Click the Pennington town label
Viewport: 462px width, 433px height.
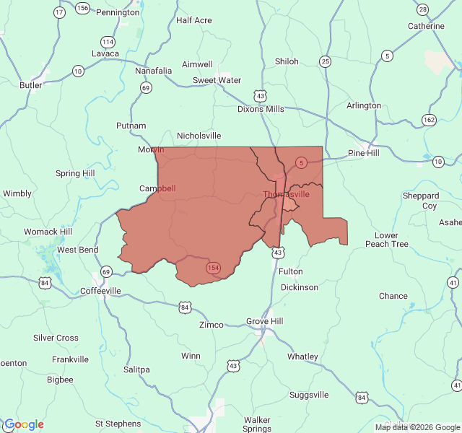pyautogui.click(x=118, y=12)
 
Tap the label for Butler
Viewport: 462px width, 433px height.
pyautogui.click(x=31, y=84)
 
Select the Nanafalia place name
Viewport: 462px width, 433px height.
pyautogui.click(x=154, y=71)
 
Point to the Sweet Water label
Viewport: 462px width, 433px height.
pyautogui.click(x=217, y=80)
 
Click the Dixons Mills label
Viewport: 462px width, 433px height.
pyautogui.click(x=261, y=109)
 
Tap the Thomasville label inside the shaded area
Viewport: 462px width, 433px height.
pyautogui.click(x=286, y=194)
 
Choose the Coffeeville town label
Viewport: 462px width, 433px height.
pyautogui.click(x=100, y=291)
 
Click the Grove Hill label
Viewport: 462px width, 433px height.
pyautogui.click(x=265, y=320)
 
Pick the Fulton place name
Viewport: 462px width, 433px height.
pyautogui.click(x=291, y=271)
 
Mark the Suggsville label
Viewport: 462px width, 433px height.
pyautogui.click(x=309, y=395)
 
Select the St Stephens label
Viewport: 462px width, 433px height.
pyautogui.click(x=118, y=423)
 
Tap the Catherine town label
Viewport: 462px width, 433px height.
pyautogui.click(x=426, y=26)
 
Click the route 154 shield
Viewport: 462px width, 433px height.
pyautogui.click(x=213, y=268)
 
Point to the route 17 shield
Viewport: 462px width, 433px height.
pyautogui.click(x=59, y=12)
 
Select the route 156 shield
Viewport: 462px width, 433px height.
pyautogui.click(x=82, y=8)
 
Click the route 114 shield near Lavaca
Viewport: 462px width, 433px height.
pyautogui.click(x=108, y=41)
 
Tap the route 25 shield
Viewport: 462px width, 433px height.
pyautogui.click(x=326, y=61)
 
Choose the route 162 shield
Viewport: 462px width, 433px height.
pyautogui.click(x=430, y=120)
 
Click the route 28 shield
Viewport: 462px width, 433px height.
pyautogui.click(x=422, y=9)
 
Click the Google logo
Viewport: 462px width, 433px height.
pyautogui.click(x=24, y=424)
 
